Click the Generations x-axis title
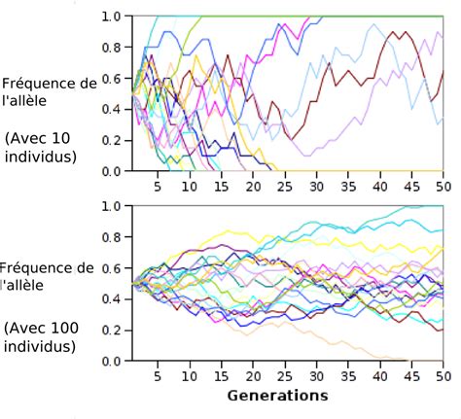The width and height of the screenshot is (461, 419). [277, 396]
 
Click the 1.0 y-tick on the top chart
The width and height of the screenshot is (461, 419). [110, 17]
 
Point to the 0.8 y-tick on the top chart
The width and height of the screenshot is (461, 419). [110, 48]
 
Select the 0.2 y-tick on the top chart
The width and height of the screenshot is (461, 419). [110, 140]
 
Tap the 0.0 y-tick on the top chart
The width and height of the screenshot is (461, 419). [110, 171]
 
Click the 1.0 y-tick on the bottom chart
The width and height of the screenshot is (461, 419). [110, 206]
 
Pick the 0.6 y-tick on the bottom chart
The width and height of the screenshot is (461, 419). [110, 268]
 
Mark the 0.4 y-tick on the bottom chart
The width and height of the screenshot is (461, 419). [110, 299]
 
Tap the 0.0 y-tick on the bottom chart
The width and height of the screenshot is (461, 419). [110, 361]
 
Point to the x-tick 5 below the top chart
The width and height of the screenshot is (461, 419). [159, 186]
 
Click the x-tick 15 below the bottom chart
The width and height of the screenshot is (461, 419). [222, 376]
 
